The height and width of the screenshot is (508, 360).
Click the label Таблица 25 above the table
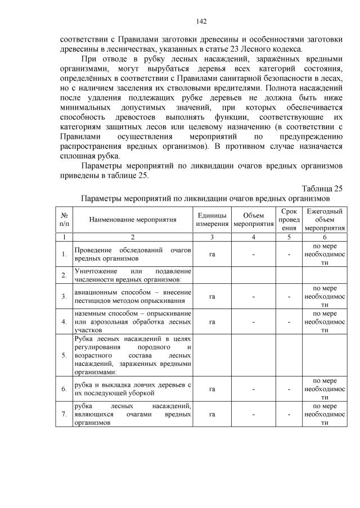pos(322,188)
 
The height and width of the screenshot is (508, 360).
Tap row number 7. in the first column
pos(64,415)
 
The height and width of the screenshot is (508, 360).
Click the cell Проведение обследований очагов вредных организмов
pos(132,254)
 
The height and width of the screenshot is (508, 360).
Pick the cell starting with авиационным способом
pos(132,296)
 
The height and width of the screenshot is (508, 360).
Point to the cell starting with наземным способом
pos(132,321)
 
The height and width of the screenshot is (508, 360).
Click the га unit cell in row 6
pos(212,388)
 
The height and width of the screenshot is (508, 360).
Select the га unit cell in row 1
pos(212,254)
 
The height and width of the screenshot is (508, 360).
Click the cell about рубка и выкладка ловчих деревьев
pos(132,388)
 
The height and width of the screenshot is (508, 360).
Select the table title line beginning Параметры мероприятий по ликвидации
pos(205,198)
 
